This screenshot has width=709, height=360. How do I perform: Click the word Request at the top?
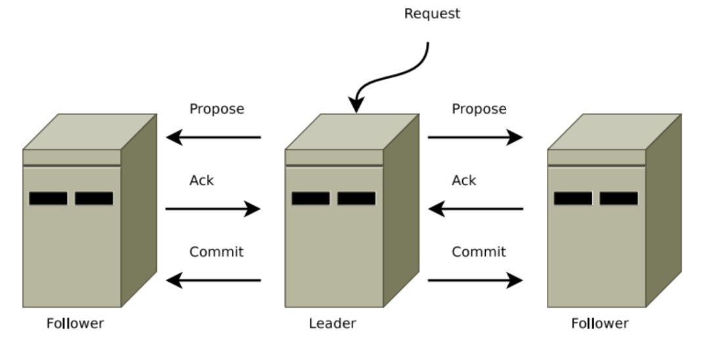[432, 14]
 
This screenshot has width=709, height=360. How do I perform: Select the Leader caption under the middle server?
[332, 323]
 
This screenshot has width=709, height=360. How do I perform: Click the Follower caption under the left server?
[75, 323]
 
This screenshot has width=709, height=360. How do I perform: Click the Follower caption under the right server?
[599, 323]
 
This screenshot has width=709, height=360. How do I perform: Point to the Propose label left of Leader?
[217, 109]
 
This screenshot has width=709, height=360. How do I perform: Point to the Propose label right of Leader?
[479, 109]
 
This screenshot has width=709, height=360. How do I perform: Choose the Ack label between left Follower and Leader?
[202, 180]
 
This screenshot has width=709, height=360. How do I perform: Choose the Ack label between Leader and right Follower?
[464, 180]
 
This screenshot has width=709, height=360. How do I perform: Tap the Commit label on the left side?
[216, 252]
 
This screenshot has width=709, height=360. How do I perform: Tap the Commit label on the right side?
[479, 252]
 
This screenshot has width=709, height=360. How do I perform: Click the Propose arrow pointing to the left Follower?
[213, 137]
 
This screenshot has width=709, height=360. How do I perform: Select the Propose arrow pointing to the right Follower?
[475, 137]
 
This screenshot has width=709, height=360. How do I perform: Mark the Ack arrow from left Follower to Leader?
[213, 209]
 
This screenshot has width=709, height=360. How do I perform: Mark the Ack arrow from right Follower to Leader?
[475, 209]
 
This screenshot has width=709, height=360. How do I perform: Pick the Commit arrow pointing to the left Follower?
[213, 281]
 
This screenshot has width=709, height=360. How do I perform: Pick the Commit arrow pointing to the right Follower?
[475, 281]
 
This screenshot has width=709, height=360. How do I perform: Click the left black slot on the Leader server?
[311, 198]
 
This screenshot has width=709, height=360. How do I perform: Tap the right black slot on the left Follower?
[94, 198]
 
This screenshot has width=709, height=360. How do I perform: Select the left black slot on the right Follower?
[572, 198]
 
